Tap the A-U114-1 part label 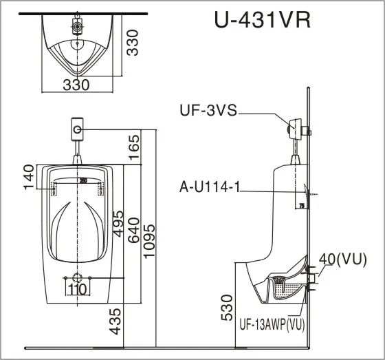point(210,187)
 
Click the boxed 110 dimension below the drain point(77,289)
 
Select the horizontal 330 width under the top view point(76,85)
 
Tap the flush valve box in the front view point(78,128)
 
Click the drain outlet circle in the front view point(77,278)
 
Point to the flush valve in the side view point(297,128)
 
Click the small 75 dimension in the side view point(301,205)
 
